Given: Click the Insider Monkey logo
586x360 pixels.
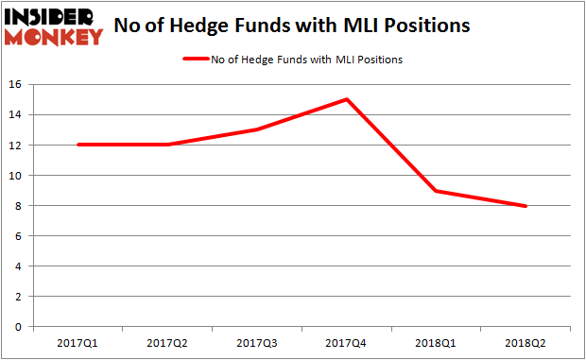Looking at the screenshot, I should click(54, 26).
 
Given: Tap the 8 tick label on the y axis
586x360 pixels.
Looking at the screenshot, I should click(18, 206).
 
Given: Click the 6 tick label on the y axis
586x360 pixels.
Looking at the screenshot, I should click(18, 236).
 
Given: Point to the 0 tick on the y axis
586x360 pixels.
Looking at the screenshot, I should click(18, 327).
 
